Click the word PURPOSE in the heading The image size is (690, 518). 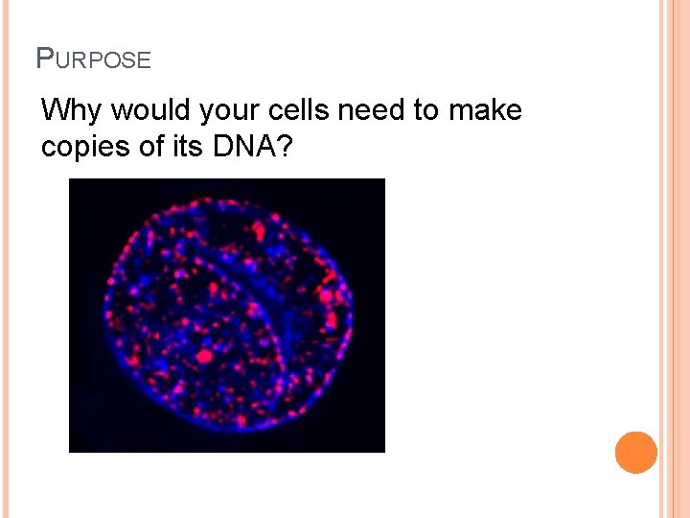93,59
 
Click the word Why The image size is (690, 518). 71,111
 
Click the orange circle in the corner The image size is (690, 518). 636,453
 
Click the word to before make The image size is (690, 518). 425,111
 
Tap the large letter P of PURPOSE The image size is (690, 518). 44,59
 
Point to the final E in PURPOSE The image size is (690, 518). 145,60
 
